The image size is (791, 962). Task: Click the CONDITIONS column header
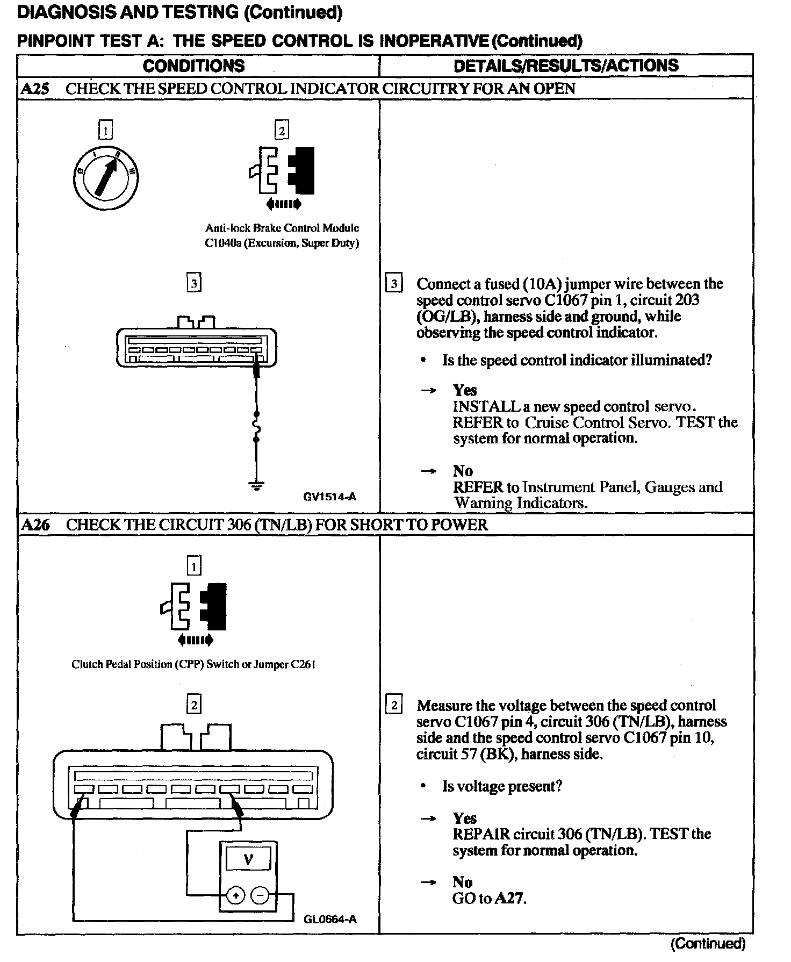(193, 66)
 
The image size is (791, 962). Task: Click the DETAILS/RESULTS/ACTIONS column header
(566, 66)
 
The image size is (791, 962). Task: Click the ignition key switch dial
(106, 177)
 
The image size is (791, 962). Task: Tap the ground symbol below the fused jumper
(256, 486)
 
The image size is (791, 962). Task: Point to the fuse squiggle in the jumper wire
(256, 427)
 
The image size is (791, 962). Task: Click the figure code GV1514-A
(329, 497)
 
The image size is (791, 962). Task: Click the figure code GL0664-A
(329, 918)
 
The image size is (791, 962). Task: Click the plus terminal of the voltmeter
(236, 895)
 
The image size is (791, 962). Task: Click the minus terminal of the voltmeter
(260, 895)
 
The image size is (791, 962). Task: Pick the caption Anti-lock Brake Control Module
(282, 228)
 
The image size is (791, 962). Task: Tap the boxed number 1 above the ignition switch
(106, 130)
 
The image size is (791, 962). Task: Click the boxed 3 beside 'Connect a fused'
(394, 283)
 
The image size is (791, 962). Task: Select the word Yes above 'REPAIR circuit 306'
(464, 818)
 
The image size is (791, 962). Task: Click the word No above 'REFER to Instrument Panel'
(463, 471)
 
